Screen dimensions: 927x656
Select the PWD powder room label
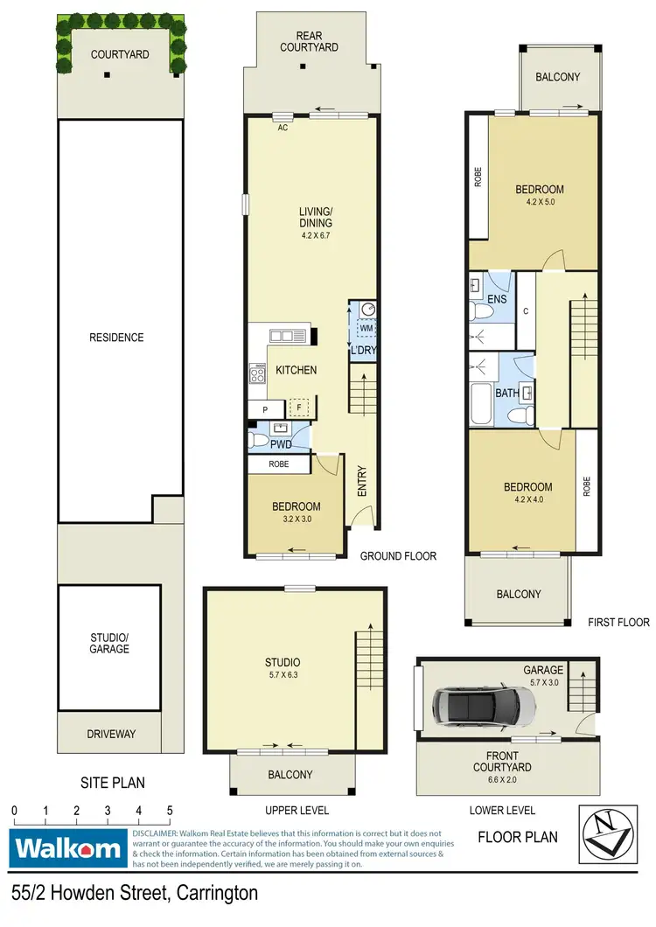click(281, 443)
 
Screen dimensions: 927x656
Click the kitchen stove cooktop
click(259, 374)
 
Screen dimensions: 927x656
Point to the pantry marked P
click(265, 408)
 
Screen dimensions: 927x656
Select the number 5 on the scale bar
click(169, 810)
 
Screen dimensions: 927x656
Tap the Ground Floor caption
click(398, 556)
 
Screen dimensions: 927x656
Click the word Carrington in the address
click(217, 893)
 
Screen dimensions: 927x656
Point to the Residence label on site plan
click(118, 338)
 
